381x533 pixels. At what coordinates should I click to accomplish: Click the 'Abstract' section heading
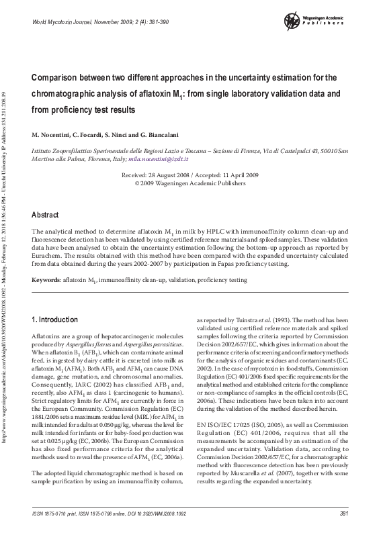(46, 215)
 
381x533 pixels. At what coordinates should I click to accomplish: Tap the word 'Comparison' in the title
(62, 77)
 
